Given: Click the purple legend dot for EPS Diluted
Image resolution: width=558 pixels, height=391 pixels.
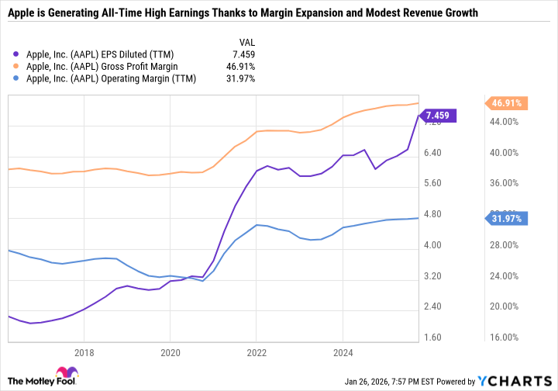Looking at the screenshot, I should [18, 54].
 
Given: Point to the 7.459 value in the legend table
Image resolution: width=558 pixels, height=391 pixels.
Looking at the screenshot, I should [242, 54].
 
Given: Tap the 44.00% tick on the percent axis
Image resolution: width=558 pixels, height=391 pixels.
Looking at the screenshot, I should [505, 122].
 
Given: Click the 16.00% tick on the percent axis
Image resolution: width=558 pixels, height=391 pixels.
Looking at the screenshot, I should [505, 337].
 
